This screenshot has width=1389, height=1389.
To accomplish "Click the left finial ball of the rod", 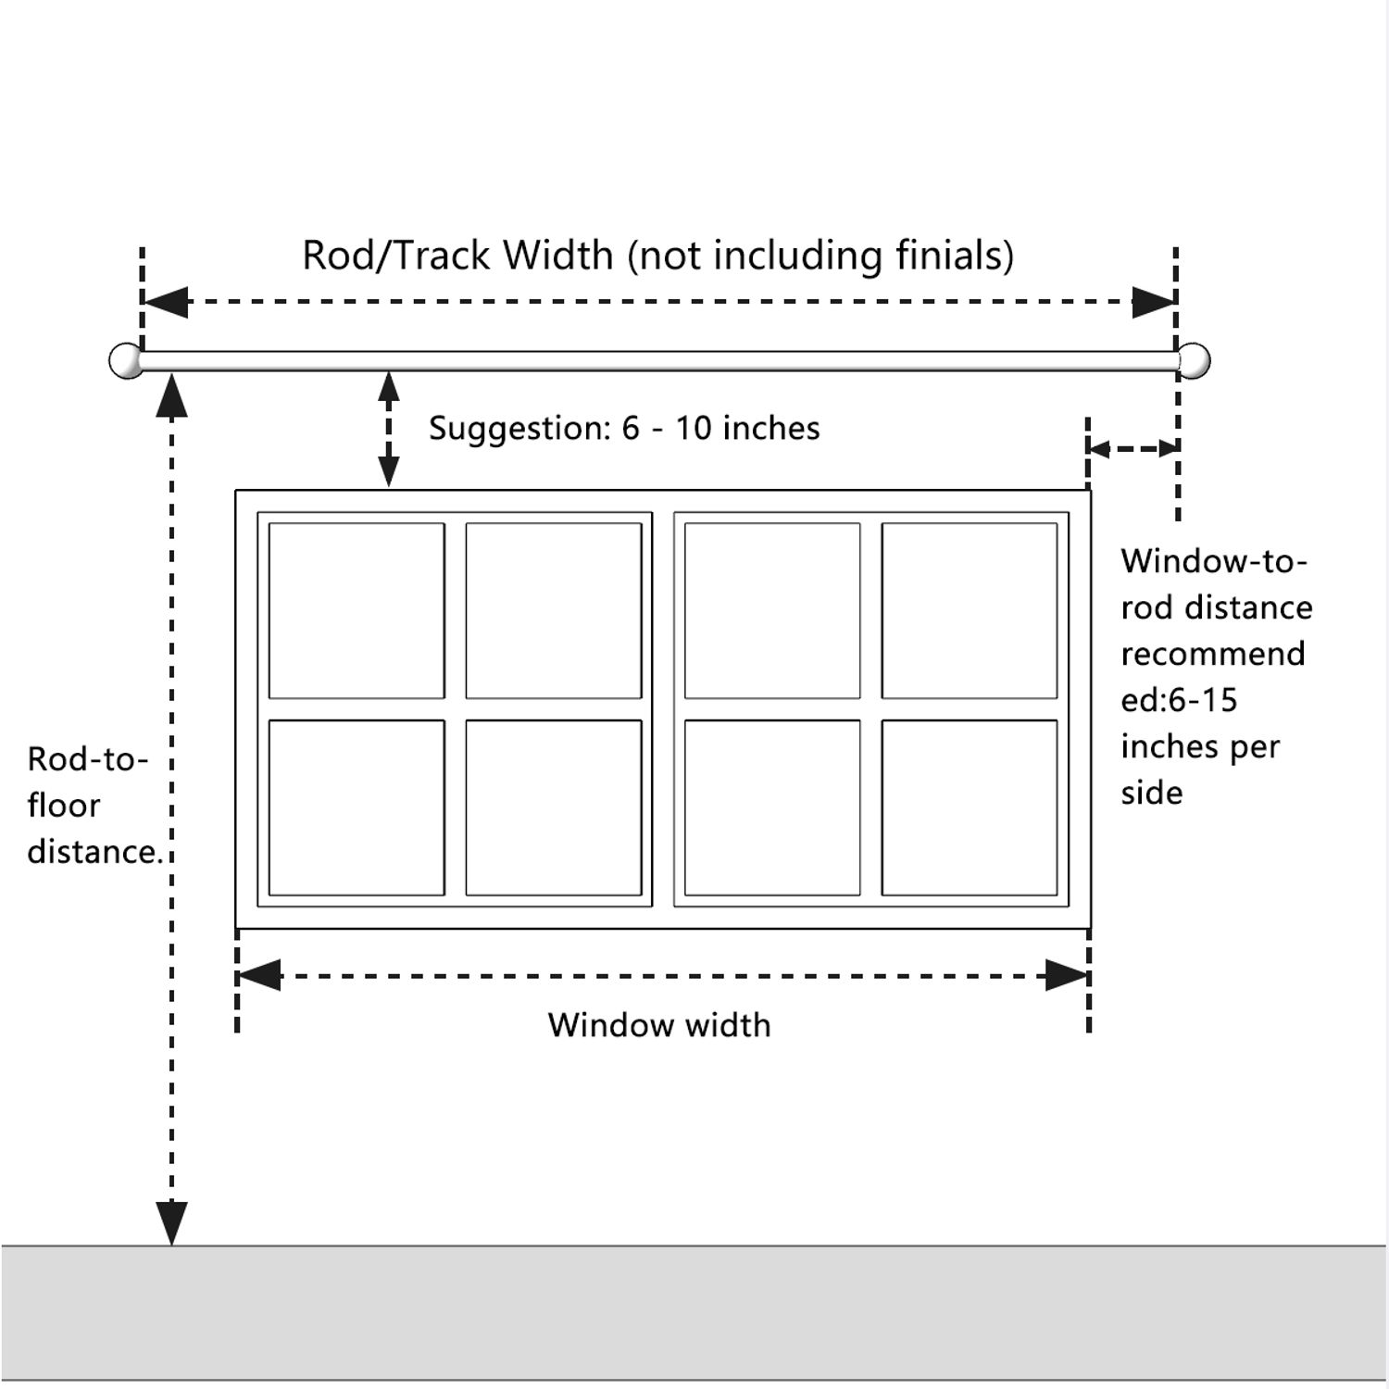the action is tap(125, 360).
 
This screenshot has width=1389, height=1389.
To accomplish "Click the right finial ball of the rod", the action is tap(1194, 360).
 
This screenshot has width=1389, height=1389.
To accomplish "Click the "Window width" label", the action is tap(659, 1025).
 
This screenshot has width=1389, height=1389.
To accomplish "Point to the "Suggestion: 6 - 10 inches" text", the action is tap(624, 428).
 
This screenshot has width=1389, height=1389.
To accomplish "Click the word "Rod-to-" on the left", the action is tap(88, 759).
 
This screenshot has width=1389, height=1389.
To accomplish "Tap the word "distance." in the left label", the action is tap(95, 852).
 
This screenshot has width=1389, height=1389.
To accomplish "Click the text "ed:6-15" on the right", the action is tap(1179, 700).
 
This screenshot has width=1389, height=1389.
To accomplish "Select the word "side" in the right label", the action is tap(1152, 793).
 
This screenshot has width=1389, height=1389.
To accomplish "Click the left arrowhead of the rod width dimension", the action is tap(166, 302).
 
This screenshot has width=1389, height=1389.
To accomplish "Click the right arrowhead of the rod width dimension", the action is tap(1154, 302).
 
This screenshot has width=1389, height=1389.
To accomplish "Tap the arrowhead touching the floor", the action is tap(171, 1223).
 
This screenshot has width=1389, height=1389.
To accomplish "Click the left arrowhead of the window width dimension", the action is tap(259, 975).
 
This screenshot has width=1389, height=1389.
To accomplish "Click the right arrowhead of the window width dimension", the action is tap(1067, 975).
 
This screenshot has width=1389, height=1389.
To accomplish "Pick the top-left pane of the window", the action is tap(357, 611).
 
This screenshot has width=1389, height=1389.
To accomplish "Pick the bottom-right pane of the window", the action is tap(970, 807).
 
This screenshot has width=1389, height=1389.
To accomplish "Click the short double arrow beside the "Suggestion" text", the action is tap(389, 429).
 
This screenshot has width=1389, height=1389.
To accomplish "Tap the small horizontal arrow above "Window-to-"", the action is tap(1132, 449).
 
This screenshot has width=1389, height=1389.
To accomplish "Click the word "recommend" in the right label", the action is tap(1213, 654).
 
